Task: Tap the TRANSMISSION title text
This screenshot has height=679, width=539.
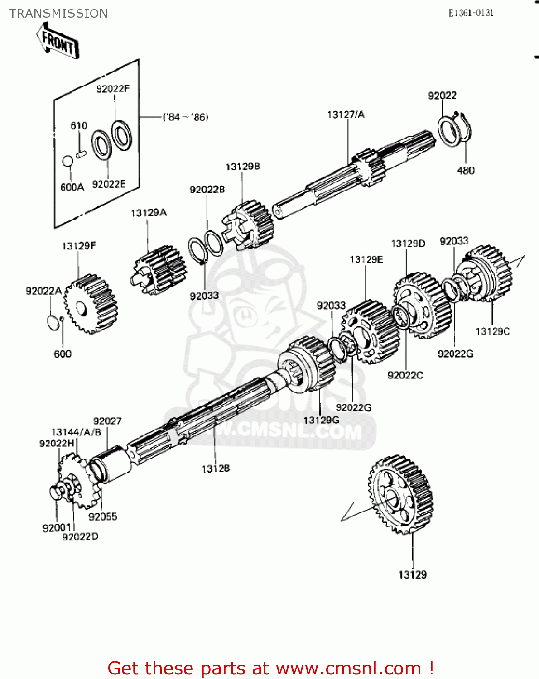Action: point(58,14)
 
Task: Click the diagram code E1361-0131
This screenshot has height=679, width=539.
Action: point(471,13)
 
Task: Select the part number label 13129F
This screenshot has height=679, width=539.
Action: point(79,246)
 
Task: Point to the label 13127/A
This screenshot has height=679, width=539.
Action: point(346,115)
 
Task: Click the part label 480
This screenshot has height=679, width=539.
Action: point(466,171)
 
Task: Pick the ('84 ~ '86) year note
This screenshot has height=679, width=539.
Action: point(186,117)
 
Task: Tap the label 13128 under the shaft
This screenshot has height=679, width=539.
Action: point(216,469)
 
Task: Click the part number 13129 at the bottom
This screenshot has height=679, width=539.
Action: point(412,574)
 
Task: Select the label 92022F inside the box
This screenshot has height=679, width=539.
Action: point(113,89)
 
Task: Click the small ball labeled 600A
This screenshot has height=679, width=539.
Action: point(67,161)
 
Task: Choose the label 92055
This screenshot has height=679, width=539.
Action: point(103,516)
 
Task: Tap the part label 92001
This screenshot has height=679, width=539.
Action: point(57,528)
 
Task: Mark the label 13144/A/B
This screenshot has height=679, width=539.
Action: point(76,432)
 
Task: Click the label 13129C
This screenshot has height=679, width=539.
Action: point(492,331)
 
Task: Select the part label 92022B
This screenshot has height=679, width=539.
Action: point(207,190)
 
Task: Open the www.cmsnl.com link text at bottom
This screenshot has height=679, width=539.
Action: point(348,668)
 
